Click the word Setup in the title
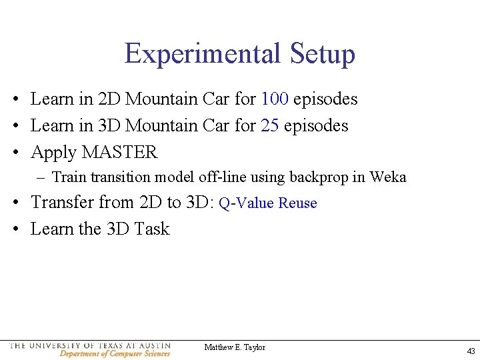coord(323,53)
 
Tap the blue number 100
coord(275,99)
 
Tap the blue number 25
coord(270,125)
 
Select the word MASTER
coord(119,152)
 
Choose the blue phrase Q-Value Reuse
coord(268,203)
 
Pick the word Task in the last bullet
coord(152,229)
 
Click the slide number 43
coord(471,351)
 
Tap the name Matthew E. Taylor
coord(235,347)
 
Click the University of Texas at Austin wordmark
coord(90,345)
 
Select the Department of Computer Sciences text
coord(115,353)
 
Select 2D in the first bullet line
coord(109,99)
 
